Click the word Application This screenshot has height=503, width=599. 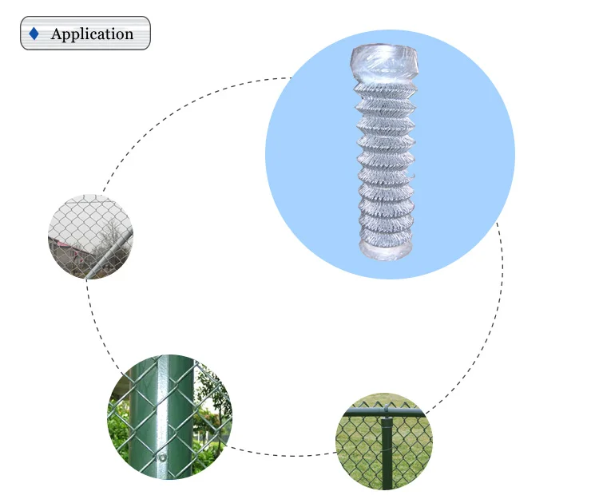point(92,34)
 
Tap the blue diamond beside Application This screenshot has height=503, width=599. point(34,34)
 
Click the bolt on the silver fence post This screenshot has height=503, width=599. point(162,458)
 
